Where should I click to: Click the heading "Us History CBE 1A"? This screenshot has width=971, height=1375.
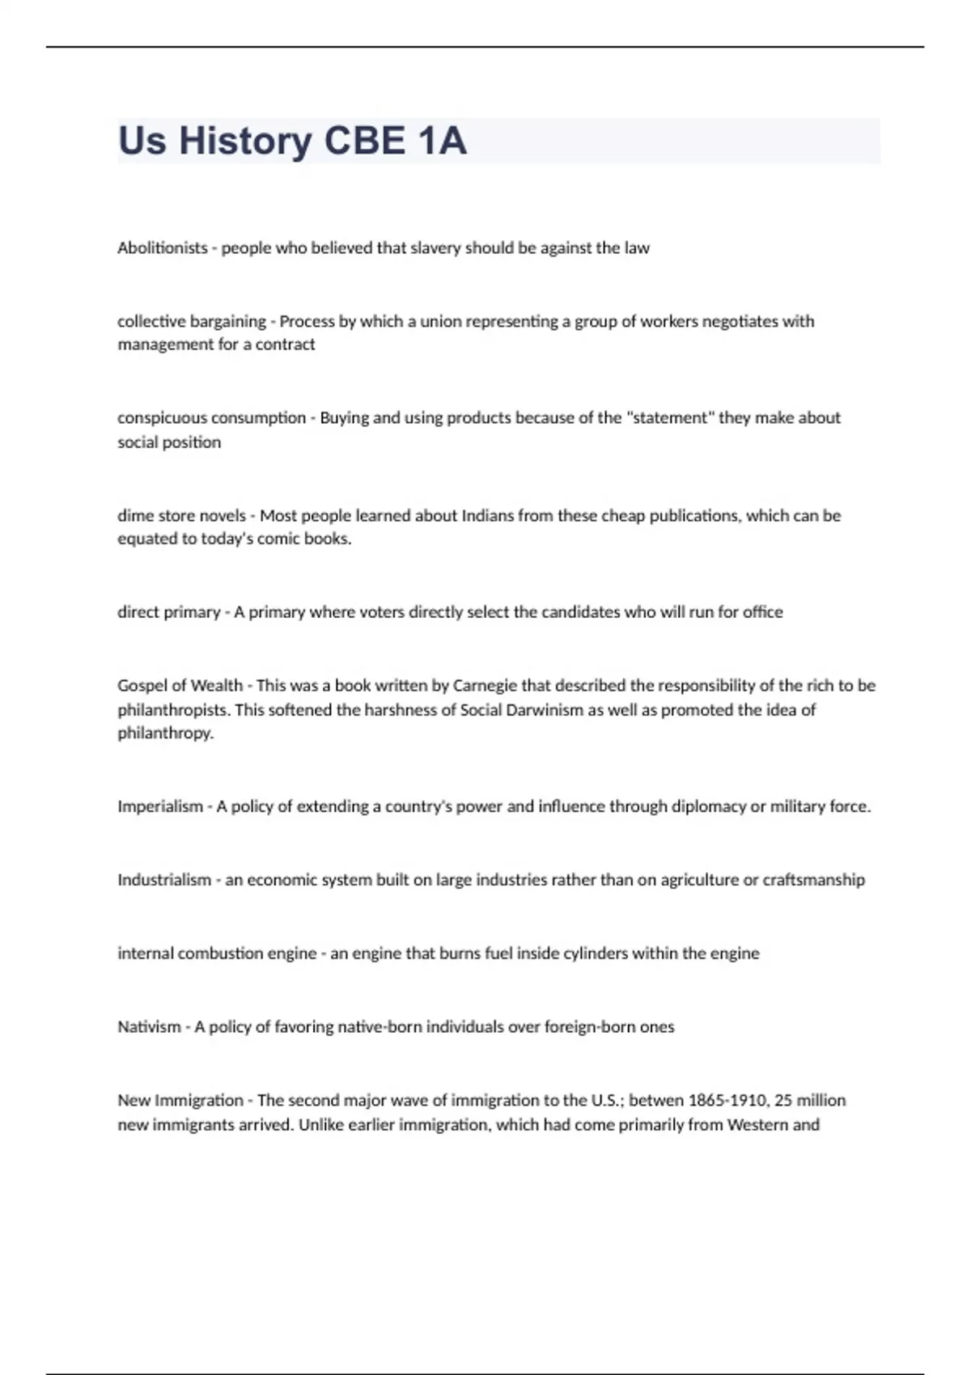tap(292, 141)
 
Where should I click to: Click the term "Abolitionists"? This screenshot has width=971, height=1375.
tap(162, 248)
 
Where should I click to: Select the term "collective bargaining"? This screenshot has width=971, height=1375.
tap(191, 321)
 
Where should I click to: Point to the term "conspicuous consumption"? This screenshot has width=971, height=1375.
tap(211, 418)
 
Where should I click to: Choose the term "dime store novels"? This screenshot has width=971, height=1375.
tap(181, 516)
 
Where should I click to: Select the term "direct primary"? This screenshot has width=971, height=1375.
tap(168, 612)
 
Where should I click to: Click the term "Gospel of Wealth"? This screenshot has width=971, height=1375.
tap(180, 686)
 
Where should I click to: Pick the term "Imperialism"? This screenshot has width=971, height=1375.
tap(159, 806)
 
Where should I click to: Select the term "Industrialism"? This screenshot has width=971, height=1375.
tap(163, 880)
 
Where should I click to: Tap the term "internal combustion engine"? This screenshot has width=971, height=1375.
tap(216, 954)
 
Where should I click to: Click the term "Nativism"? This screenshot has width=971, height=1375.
tap(149, 1027)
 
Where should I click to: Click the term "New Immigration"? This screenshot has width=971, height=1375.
tap(180, 1101)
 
